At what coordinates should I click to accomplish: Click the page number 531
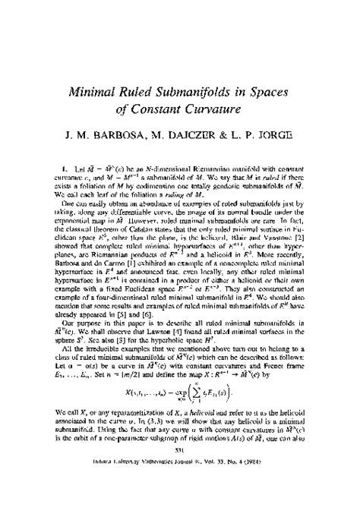tap(178, 490)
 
